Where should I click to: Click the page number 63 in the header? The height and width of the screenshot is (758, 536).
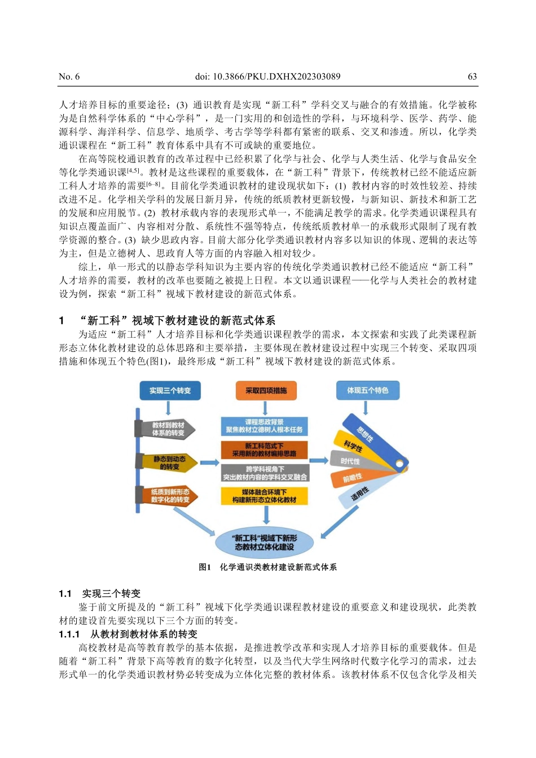click(472, 77)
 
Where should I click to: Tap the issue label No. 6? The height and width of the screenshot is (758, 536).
click(69, 77)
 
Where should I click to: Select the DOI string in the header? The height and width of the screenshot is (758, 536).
click(267, 77)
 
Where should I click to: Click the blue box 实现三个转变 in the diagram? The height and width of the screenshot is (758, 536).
click(170, 390)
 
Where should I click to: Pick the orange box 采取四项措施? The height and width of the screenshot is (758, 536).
click(266, 390)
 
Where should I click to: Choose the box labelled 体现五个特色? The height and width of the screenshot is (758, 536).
click(367, 390)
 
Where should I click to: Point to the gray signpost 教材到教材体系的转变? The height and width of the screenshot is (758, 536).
click(167, 429)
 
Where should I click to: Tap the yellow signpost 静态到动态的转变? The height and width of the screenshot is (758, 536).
click(168, 462)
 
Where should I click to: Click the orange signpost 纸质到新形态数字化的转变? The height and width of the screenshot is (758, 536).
click(168, 496)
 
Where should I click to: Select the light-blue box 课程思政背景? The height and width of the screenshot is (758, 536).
click(264, 426)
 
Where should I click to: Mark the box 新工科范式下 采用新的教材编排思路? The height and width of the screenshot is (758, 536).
click(264, 449)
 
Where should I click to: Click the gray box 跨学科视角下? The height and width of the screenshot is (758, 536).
click(264, 473)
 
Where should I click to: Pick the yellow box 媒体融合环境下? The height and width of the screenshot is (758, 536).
click(264, 496)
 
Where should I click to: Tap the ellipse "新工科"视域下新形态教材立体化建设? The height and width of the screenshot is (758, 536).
click(264, 542)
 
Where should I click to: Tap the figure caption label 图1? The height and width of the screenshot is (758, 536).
click(205, 567)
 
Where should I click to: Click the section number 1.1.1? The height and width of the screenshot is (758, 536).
click(69, 634)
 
